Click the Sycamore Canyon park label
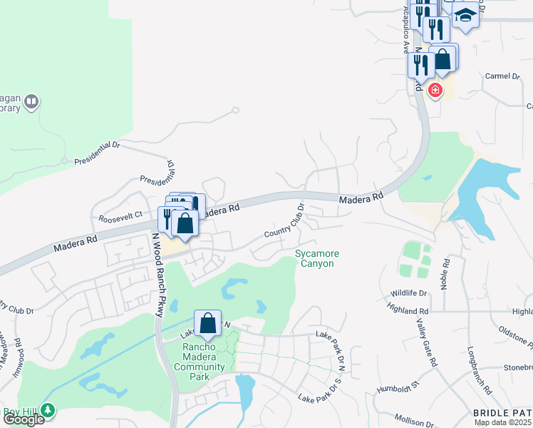pyautogui.click(x=317, y=259)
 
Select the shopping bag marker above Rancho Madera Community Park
pyautogui.click(x=207, y=324)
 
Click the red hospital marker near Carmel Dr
pyautogui.click(x=435, y=91)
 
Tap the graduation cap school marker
pyautogui.click(x=465, y=15)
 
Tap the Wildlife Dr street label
pyautogui.click(x=408, y=293)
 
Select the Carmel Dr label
pyautogui.click(x=503, y=76)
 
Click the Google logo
pyautogui.click(x=24, y=419)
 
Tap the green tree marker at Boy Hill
pyautogui.click(x=48, y=410)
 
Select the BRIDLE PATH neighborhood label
pyautogui.click(x=502, y=413)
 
